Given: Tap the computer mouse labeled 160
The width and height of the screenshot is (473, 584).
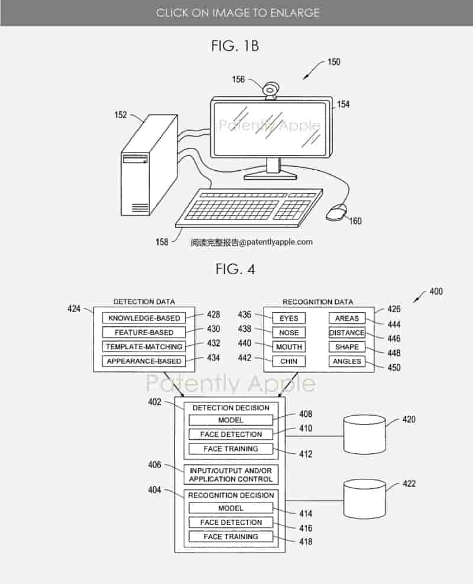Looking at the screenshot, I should click(x=336, y=212).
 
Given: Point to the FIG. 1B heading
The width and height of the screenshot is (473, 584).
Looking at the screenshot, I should click(x=235, y=46).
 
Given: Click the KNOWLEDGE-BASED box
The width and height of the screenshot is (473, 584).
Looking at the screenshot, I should click(x=144, y=318).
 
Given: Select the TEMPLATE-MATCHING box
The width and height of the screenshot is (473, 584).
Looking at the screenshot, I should click(x=144, y=347).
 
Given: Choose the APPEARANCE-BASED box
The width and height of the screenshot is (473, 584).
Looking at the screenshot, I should click(x=144, y=361).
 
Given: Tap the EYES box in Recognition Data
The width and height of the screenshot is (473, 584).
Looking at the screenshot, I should click(x=289, y=318).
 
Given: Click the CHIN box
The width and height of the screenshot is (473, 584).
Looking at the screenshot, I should click(x=289, y=361).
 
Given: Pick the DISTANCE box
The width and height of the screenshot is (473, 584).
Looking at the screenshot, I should click(x=347, y=333).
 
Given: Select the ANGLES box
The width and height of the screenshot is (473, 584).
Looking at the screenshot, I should click(x=347, y=361).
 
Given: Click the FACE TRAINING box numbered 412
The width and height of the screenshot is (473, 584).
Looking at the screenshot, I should click(x=231, y=449).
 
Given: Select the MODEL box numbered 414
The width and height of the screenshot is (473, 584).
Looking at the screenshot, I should click(x=231, y=508).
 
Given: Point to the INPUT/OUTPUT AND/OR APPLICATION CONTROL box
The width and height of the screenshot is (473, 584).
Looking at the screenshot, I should click(x=231, y=475).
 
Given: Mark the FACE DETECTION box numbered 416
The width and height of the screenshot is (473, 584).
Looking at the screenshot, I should click(x=231, y=523).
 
